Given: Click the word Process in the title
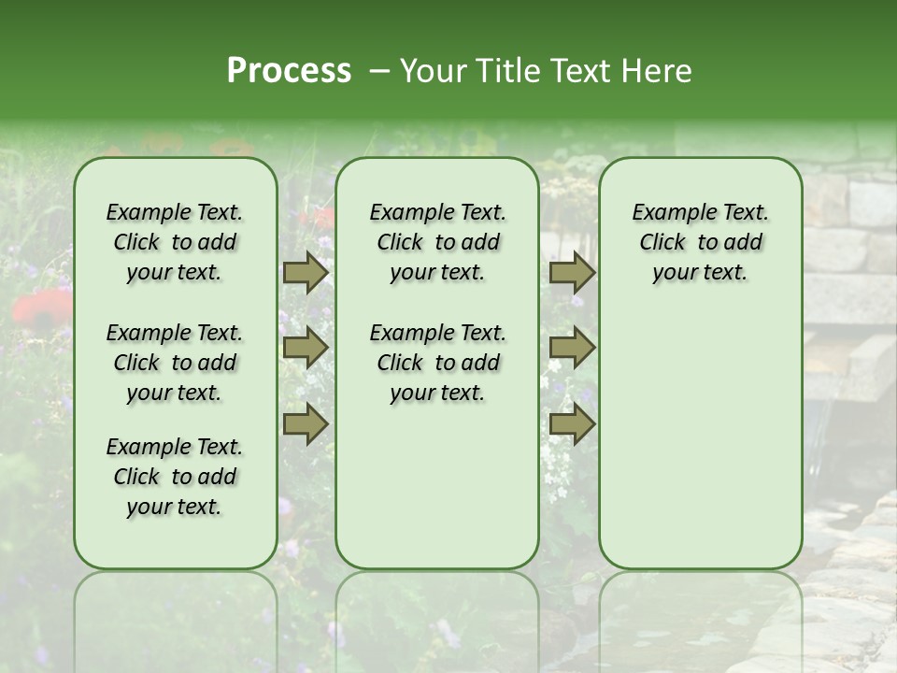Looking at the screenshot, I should pos(289,71).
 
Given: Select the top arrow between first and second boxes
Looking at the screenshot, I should pos(306,272).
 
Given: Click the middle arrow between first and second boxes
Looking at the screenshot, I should pos(306,348).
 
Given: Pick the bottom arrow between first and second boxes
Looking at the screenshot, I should pos(306,423).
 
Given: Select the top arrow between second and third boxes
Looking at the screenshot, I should pos(572,272).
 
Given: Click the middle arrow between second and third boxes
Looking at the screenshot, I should pos(572,348).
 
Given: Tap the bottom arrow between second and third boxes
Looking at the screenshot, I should pos(572,423).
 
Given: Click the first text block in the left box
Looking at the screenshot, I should pos(175,242).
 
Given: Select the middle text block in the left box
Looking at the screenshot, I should pos(175,363).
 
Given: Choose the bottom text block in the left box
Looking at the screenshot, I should pos(175,477).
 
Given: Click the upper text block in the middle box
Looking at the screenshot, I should pos(437,242).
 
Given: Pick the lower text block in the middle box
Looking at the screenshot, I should pos(437,363).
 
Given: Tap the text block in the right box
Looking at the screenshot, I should pos(700,242).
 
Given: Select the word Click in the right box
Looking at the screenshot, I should pos(662,243).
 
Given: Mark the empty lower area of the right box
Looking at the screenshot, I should pos(700,430).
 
